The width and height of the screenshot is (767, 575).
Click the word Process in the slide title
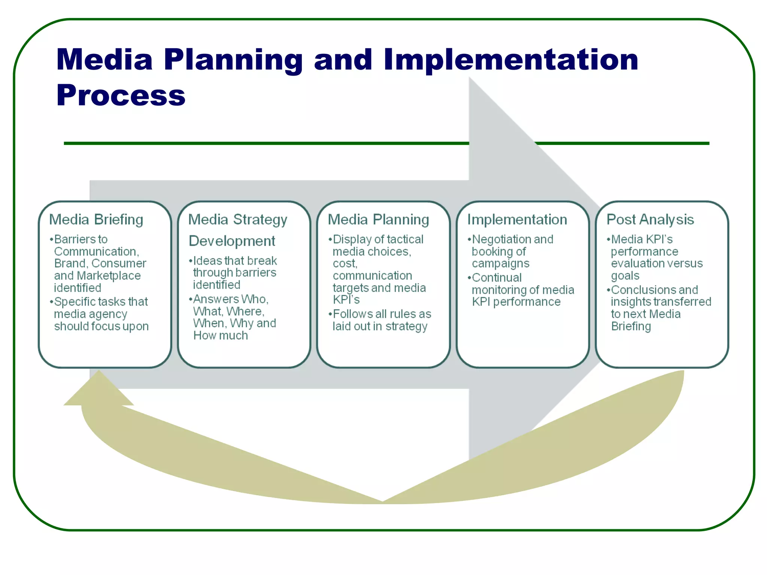point(121,95)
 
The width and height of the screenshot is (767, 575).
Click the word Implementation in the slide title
point(511,60)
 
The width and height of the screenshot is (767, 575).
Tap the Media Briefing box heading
point(96,220)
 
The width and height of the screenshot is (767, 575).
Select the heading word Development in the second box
point(232,241)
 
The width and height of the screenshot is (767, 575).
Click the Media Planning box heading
point(378,220)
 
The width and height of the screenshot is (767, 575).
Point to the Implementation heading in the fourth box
point(517,220)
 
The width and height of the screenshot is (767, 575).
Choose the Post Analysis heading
point(650,220)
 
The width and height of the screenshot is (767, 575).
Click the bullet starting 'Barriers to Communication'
point(100,264)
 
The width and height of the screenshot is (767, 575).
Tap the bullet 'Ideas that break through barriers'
point(234,273)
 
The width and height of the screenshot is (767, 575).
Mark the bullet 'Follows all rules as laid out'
point(381,320)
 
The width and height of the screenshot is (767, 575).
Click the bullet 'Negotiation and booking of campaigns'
point(512,252)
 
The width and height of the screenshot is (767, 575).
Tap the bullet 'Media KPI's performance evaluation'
point(656,258)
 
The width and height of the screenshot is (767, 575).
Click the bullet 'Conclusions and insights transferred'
point(661,308)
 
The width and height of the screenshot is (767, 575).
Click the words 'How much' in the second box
point(221,336)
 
